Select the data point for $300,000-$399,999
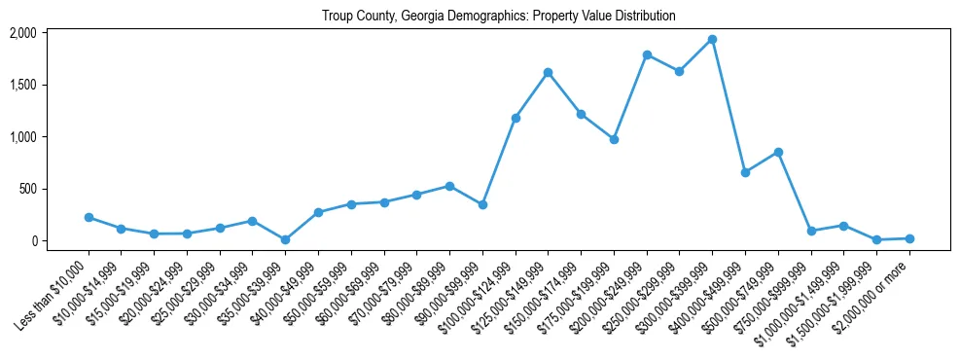coord(712,39)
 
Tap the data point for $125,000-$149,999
coord(548,72)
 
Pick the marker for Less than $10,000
coord(89,217)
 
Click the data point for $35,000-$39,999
coord(285,239)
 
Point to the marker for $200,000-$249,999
coord(647,54)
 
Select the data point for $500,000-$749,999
coord(778,152)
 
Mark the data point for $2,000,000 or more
coord(909,238)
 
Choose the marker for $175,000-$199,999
coord(614,139)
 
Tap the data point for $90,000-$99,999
coord(482,204)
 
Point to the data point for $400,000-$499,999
coord(745,172)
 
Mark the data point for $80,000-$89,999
coord(449,186)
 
